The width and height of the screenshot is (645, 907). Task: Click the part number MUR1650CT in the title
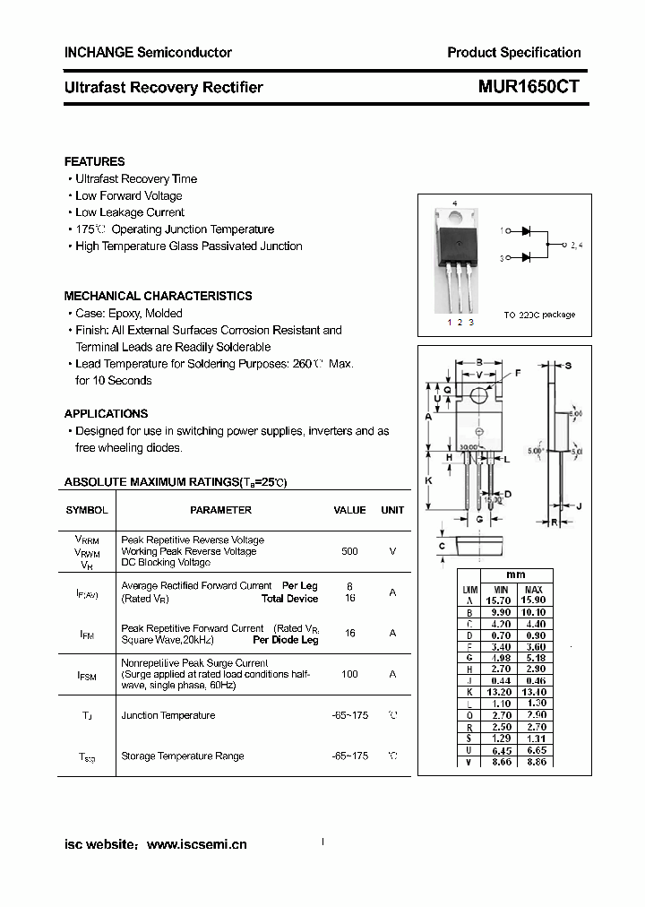click(x=522, y=87)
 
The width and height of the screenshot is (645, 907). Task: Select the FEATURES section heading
click(x=94, y=161)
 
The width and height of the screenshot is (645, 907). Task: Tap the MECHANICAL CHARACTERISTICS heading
click(x=158, y=296)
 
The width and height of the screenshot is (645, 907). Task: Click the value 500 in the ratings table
click(x=349, y=551)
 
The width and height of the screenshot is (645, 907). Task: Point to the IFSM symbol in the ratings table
click(x=87, y=675)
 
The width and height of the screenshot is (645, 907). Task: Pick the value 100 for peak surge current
click(x=349, y=674)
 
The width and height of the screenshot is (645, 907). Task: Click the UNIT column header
click(x=392, y=510)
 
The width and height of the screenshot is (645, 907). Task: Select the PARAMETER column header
click(x=220, y=510)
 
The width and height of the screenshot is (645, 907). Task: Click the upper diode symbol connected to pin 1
click(x=527, y=230)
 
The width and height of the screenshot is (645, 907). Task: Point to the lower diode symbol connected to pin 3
click(x=527, y=258)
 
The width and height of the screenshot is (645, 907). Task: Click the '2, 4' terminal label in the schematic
click(x=576, y=245)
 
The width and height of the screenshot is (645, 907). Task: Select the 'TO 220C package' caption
click(x=539, y=315)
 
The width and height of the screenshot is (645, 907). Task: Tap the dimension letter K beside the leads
click(x=428, y=481)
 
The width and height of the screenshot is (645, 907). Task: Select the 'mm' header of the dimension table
click(x=515, y=574)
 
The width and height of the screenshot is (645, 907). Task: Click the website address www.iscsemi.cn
click(x=196, y=844)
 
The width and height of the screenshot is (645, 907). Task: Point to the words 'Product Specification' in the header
click(x=513, y=52)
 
